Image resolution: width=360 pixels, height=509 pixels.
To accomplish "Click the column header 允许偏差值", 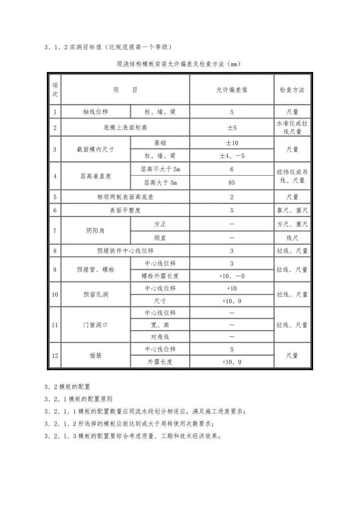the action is pyautogui.click(x=232, y=90).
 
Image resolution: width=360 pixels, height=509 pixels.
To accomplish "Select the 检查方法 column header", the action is pyautogui.click(x=292, y=90).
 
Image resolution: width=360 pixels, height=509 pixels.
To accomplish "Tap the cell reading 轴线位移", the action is pyautogui.click(x=95, y=112).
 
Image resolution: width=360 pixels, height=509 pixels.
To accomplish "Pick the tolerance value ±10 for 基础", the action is pyautogui.click(x=232, y=143).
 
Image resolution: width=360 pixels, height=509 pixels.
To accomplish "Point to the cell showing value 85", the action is pyautogui.click(x=232, y=182).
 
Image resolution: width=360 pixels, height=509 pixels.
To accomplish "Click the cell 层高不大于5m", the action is pyautogui.click(x=160, y=170).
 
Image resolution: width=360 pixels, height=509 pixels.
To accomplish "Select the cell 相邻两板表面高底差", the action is pyautogui.click(x=125, y=197).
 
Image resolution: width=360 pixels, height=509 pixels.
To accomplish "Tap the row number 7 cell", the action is pyautogui.click(x=55, y=231).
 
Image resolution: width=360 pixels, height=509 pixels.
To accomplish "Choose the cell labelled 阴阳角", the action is pyautogui.click(x=95, y=231).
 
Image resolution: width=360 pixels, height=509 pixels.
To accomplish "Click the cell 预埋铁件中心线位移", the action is pyautogui.click(x=125, y=251).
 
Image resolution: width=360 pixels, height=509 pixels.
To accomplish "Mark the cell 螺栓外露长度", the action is pyautogui.click(x=160, y=276).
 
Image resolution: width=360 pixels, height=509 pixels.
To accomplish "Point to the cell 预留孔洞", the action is pyautogui.click(x=95, y=295).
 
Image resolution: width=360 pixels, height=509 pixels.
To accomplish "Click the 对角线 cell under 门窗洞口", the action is pyautogui.click(x=160, y=337).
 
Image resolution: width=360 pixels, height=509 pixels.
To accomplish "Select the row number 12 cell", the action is pyautogui.click(x=55, y=355).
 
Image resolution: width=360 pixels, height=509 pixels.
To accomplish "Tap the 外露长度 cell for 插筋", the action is pyautogui.click(x=160, y=362).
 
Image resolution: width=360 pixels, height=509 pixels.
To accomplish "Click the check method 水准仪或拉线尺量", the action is pyautogui.click(x=292, y=127).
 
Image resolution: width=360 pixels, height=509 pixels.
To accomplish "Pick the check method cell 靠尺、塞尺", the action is pyautogui.click(x=292, y=211).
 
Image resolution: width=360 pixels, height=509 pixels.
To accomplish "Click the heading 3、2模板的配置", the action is pyautogui.click(x=67, y=387).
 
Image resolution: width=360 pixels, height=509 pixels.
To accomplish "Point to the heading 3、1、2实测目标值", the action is pyautogui.click(x=108, y=48).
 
